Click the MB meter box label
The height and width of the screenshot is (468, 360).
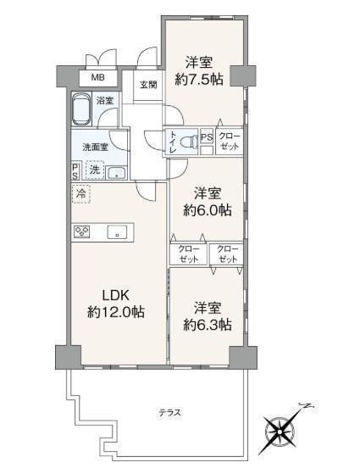point(97,78)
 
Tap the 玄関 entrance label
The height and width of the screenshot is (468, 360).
point(148,85)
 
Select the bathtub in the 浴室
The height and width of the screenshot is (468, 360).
point(81,109)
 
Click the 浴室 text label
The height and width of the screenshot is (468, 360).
point(105,101)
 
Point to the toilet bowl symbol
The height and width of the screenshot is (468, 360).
point(190,142)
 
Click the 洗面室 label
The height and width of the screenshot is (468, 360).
point(95,148)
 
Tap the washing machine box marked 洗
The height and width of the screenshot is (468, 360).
point(95,170)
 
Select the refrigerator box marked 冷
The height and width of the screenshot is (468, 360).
point(80,194)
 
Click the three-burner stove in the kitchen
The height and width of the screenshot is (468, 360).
point(82,231)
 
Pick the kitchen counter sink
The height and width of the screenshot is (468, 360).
point(117,232)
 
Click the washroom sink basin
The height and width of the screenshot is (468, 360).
point(117,173)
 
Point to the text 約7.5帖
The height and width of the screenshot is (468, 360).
point(199,80)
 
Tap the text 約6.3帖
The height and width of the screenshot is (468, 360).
point(208,325)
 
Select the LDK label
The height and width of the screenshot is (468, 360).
point(116,295)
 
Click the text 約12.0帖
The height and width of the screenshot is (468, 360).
point(116,312)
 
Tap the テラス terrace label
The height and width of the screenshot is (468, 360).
point(169,413)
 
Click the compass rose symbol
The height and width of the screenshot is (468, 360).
point(280,432)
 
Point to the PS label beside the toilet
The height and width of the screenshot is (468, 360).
point(207,137)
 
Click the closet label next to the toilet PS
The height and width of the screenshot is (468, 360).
point(229,142)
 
